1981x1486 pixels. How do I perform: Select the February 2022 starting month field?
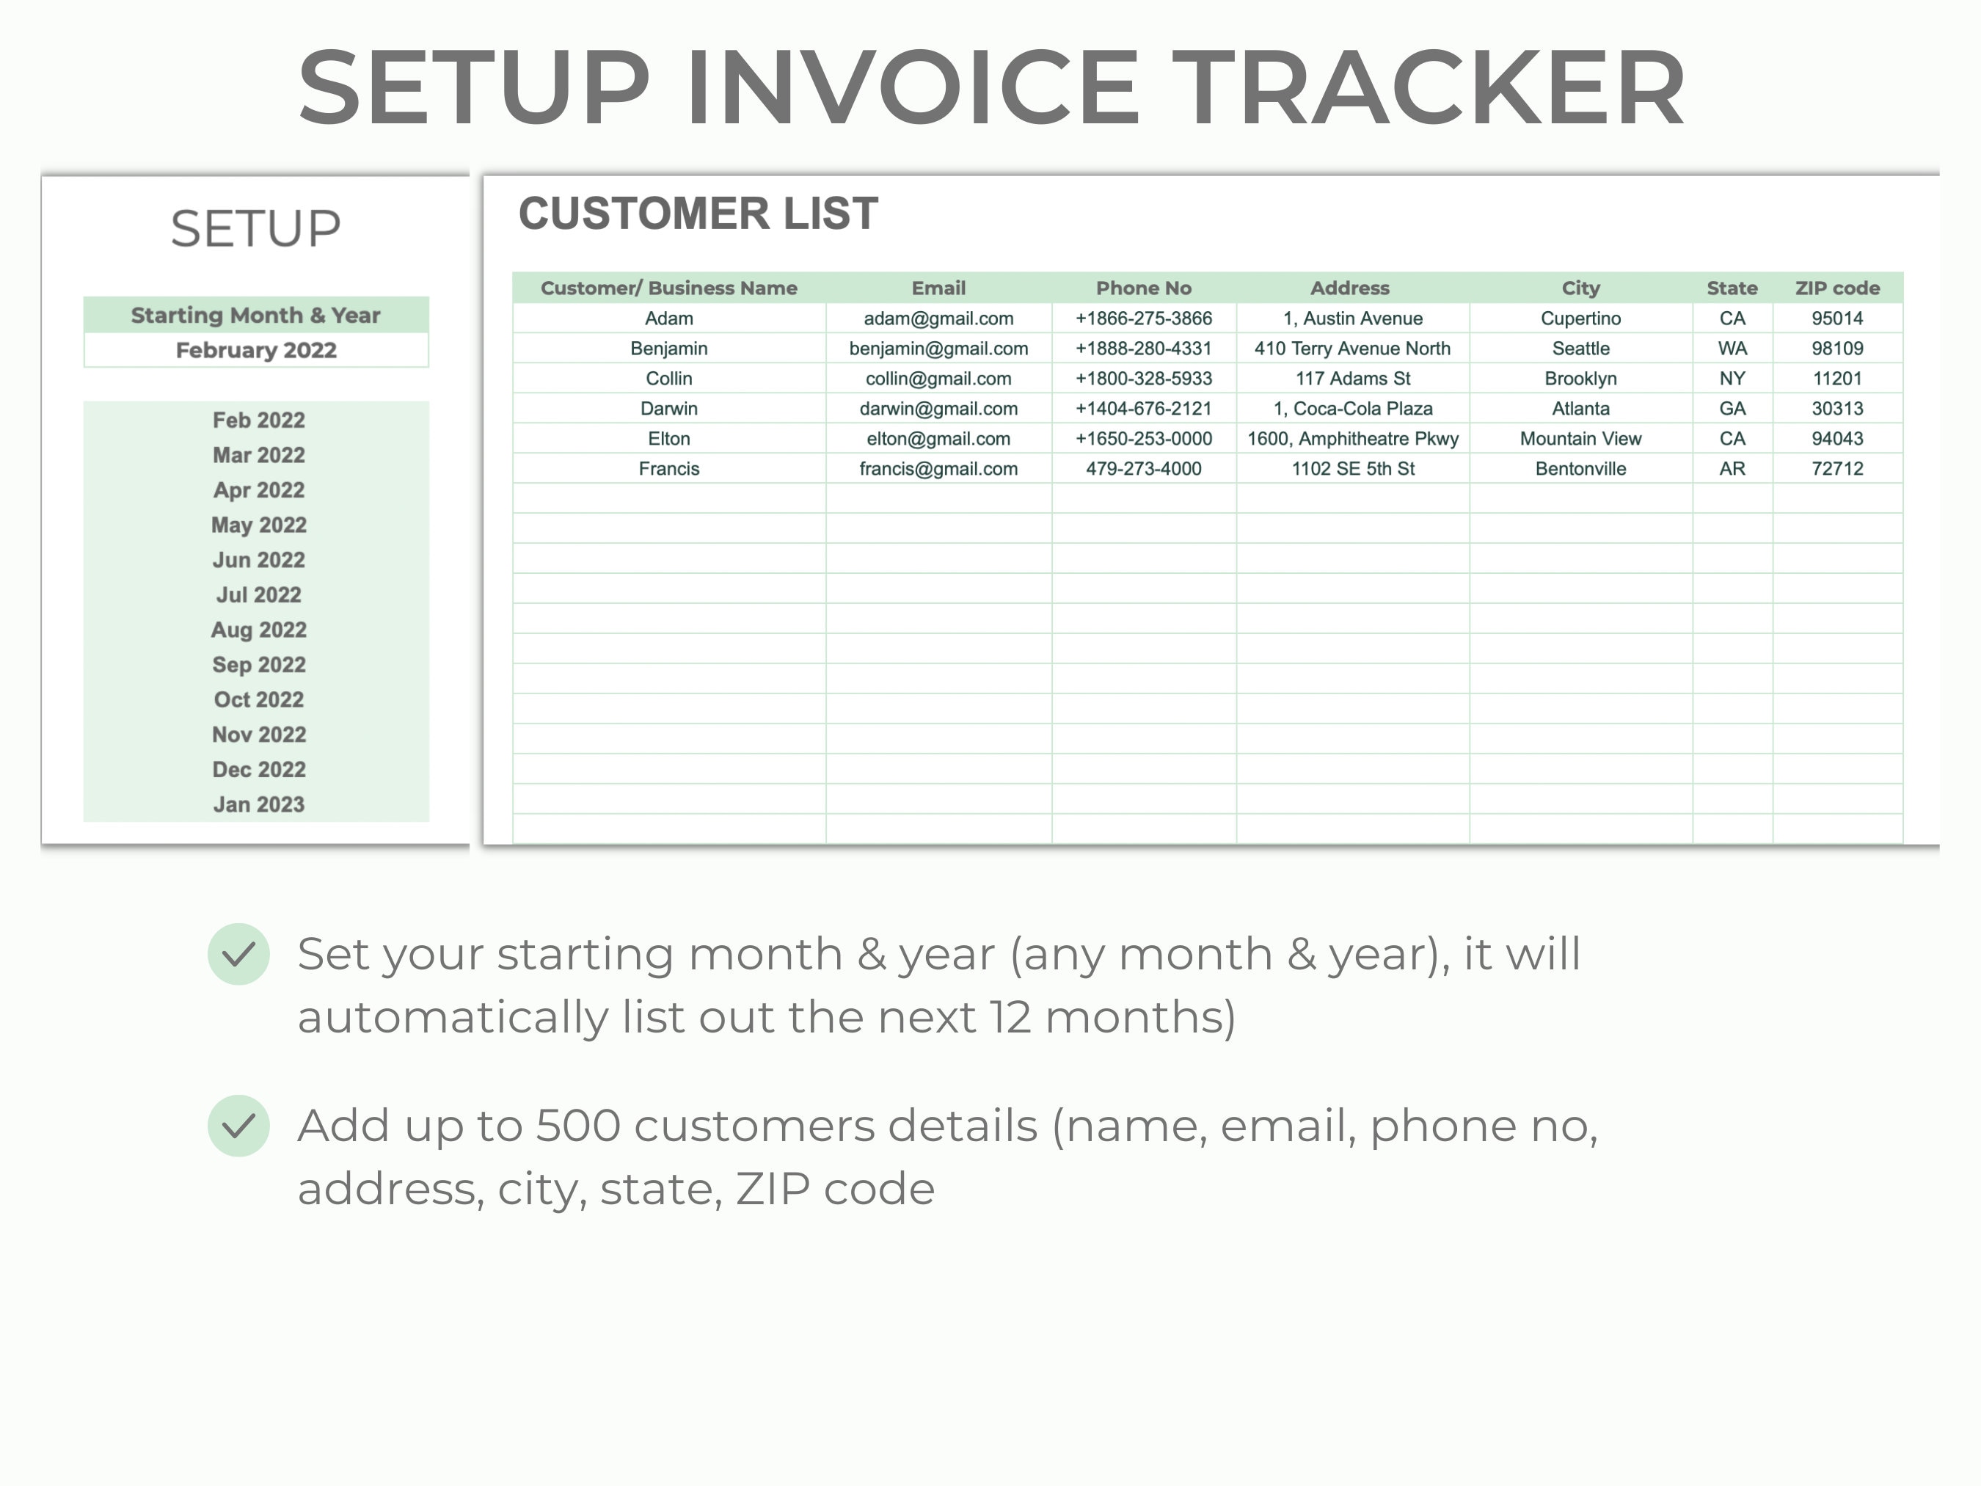coord(256,350)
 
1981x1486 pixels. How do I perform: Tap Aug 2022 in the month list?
coord(259,630)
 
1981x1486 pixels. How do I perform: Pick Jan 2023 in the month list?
coord(259,804)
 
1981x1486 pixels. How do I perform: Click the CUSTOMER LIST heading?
coord(698,214)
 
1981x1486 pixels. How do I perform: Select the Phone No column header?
coord(1144,288)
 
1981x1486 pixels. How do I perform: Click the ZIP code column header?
coord(1836,288)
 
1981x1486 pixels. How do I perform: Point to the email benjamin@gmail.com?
coord(938,349)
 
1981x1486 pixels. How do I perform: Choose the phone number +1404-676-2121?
coord(1144,409)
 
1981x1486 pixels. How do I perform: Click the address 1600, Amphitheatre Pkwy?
coord(1352,439)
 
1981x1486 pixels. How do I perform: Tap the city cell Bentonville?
coord(1580,468)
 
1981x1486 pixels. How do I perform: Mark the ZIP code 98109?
coord(1836,349)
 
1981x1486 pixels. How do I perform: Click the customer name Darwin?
coord(668,409)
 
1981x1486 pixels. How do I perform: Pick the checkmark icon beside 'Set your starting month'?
coord(239,954)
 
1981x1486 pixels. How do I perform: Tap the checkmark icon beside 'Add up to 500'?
coord(239,1126)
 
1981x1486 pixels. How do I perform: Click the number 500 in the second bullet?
coord(577,1126)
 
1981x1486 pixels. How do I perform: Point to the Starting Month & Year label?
coord(256,316)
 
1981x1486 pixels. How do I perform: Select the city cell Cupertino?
coord(1580,318)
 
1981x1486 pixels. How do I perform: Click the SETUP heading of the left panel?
coord(256,228)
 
